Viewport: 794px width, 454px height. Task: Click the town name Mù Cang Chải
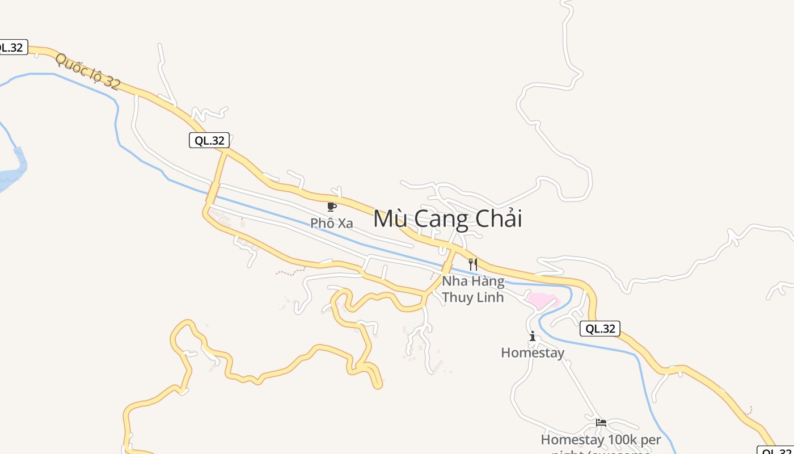[447, 219]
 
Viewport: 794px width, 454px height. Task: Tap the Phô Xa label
[332, 223]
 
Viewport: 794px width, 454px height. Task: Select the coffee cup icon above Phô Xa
[332, 207]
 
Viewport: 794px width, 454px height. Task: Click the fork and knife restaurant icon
[473, 264]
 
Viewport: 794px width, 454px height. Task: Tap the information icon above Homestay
[532, 337]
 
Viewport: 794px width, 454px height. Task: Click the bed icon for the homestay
[601, 423]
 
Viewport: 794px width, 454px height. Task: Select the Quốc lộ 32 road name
[88, 72]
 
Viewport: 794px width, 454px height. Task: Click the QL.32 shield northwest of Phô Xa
[209, 140]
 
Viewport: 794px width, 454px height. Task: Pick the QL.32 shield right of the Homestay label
[600, 329]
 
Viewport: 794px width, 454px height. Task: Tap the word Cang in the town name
[441, 219]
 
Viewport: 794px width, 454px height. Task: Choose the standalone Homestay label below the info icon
[533, 353]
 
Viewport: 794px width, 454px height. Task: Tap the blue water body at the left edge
[11, 176]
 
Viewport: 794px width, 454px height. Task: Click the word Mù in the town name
[389, 219]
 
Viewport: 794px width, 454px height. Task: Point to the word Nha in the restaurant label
[454, 281]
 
